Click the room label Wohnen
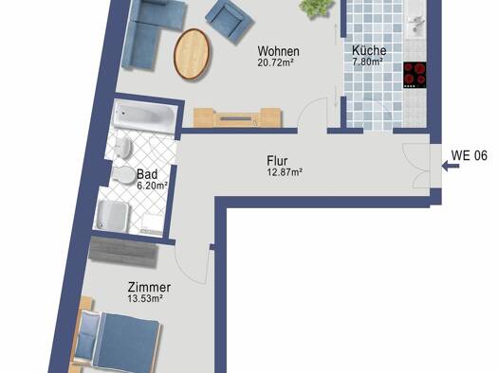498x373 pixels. pyautogui.click(x=278, y=51)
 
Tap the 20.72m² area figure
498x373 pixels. pyautogui.click(x=275, y=62)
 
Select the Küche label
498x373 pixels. pyautogui.click(x=369, y=50)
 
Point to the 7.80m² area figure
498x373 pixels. pyautogui.click(x=367, y=62)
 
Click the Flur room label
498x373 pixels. pyautogui.click(x=277, y=161)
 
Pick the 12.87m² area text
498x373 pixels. pyautogui.click(x=285, y=172)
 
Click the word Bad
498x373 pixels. pyautogui.click(x=147, y=174)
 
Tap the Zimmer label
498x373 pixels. pyautogui.click(x=149, y=288)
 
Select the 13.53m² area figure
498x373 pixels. pyautogui.click(x=145, y=298)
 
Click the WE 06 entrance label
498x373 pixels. pyautogui.click(x=470, y=155)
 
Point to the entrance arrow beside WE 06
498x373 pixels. pyautogui.click(x=450, y=166)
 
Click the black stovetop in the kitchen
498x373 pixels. pyautogui.click(x=415, y=75)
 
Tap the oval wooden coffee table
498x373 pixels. pyautogui.click(x=192, y=54)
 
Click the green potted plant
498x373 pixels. pyautogui.click(x=317, y=8)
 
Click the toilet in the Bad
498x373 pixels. pyautogui.click(x=123, y=175)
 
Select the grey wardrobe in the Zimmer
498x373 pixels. pyautogui.click(x=123, y=251)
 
